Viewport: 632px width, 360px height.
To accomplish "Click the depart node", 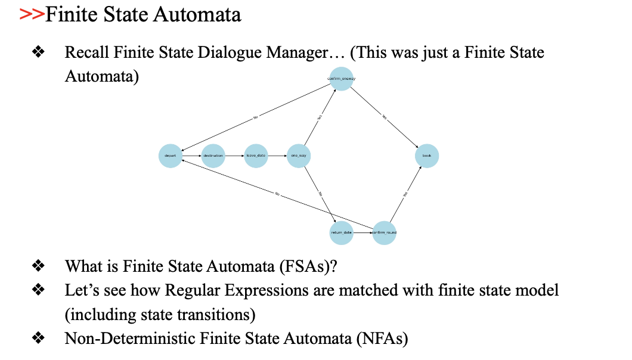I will (171, 156).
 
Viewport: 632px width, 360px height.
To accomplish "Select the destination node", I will (213, 156).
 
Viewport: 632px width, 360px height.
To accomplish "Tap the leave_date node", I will (256, 156).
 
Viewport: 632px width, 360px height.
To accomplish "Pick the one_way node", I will (299, 156).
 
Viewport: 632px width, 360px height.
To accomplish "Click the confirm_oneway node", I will (342, 79).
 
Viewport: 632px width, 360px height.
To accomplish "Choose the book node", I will (427, 156).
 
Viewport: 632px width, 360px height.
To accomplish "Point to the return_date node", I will (342, 232).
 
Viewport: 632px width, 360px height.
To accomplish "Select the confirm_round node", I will (384, 232).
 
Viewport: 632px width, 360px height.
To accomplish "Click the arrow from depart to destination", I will (192, 156).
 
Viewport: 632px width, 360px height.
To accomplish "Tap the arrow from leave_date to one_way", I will (278, 156).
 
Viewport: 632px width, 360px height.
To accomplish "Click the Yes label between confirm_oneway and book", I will (385, 118).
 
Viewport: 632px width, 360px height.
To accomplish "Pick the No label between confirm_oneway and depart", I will (256, 117).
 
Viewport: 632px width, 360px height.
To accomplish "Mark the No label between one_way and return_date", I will (321, 194).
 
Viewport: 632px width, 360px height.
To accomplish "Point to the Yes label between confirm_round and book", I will (405, 194).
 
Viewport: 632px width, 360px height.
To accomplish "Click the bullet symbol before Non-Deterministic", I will (39, 339).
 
